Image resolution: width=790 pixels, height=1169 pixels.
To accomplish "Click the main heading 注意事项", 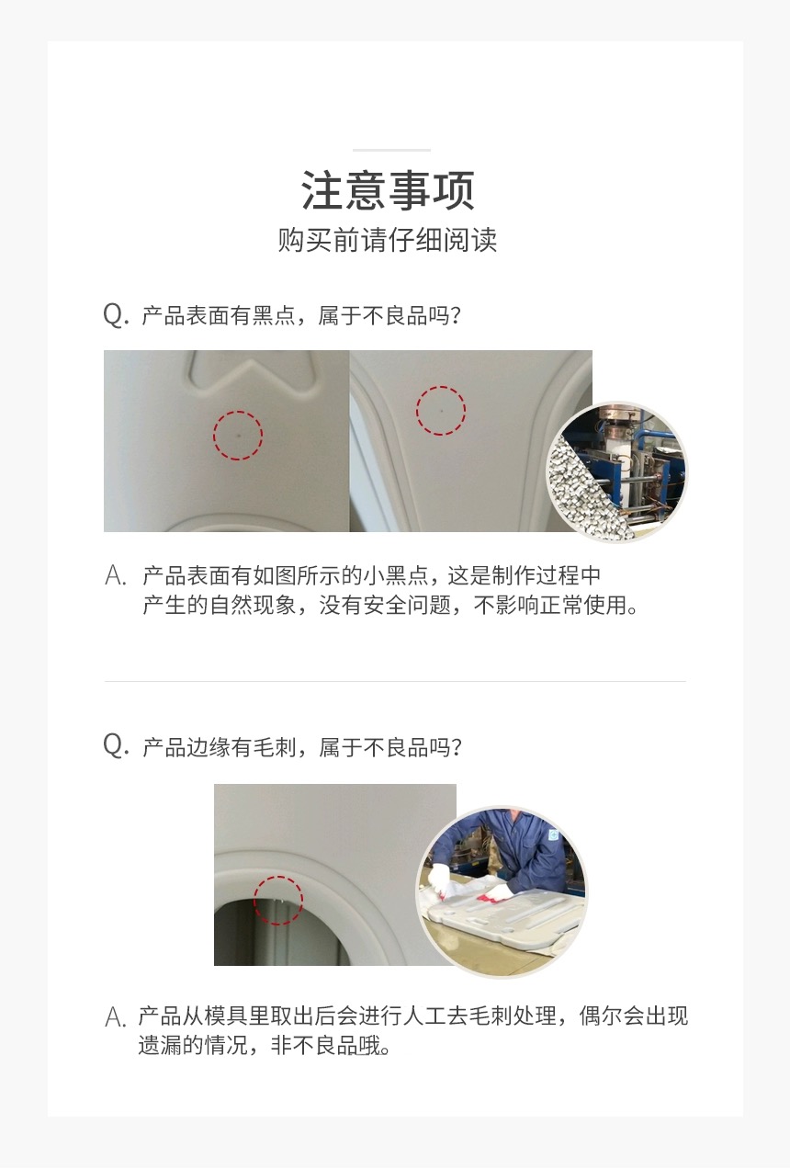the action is (x=388, y=190).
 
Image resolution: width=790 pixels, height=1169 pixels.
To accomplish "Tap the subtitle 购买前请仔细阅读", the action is (x=387, y=240).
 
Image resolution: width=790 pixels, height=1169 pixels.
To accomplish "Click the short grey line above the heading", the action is (x=391, y=150).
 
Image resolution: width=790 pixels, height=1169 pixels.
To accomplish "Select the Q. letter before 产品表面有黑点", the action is (x=116, y=314).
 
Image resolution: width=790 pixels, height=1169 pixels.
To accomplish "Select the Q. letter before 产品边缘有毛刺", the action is (x=116, y=745).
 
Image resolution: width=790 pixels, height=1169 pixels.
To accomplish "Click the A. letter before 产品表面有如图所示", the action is (x=116, y=575).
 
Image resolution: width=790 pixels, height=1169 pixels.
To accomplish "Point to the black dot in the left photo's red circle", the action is (x=238, y=434).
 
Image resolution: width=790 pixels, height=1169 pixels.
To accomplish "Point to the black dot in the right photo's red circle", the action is (x=442, y=411).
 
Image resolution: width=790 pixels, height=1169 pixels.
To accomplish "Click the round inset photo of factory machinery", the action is (x=616, y=471).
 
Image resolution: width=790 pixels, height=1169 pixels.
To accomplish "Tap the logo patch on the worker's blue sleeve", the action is (x=554, y=835).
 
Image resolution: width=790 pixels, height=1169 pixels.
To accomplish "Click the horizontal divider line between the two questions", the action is (x=395, y=681).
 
